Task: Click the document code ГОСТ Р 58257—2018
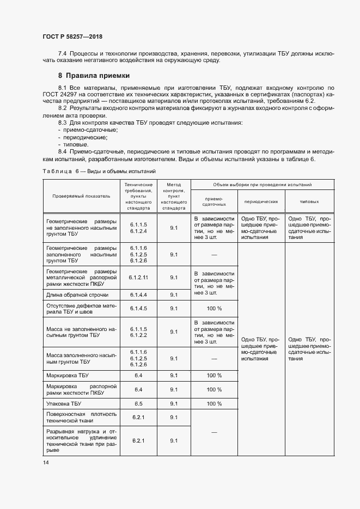coord(72,36)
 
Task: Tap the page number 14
coord(45,462)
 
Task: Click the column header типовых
coord(309,201)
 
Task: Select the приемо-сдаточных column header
coord(213,201)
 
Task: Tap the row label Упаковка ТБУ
coord(64,403)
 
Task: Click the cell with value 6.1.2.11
coord(138,277)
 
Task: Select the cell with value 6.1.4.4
coord(138,295)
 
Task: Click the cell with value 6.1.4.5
coord(138,308)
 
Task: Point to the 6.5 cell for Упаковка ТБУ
coord(138,403)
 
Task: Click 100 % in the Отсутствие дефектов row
coord(213,308)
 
